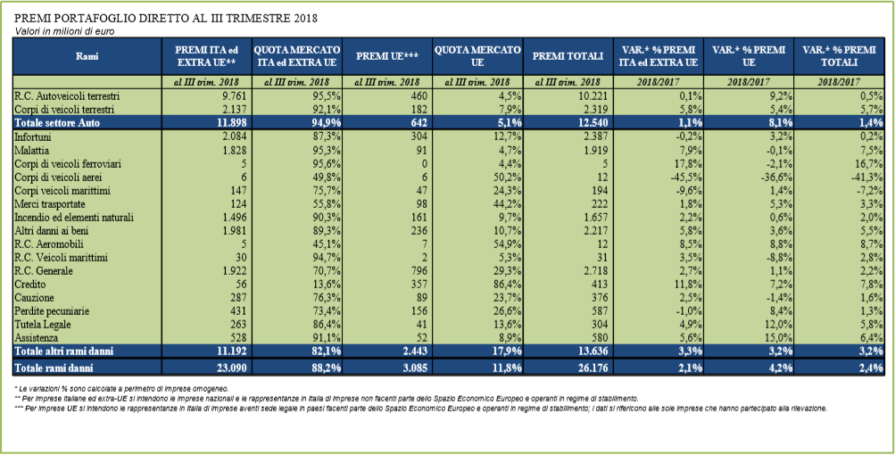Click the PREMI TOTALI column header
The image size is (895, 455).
pos(568,56)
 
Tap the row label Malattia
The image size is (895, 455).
pos(32,150)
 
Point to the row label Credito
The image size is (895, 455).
pos(31,285)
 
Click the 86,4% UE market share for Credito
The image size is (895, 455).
pos(508,285)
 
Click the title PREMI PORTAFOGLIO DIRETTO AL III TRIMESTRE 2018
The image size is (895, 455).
pos(166,19)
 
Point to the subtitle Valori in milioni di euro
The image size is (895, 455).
pos(64,32)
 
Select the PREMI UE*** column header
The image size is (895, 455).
pos(387,56)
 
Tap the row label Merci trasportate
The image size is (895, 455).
pos(50,203)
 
